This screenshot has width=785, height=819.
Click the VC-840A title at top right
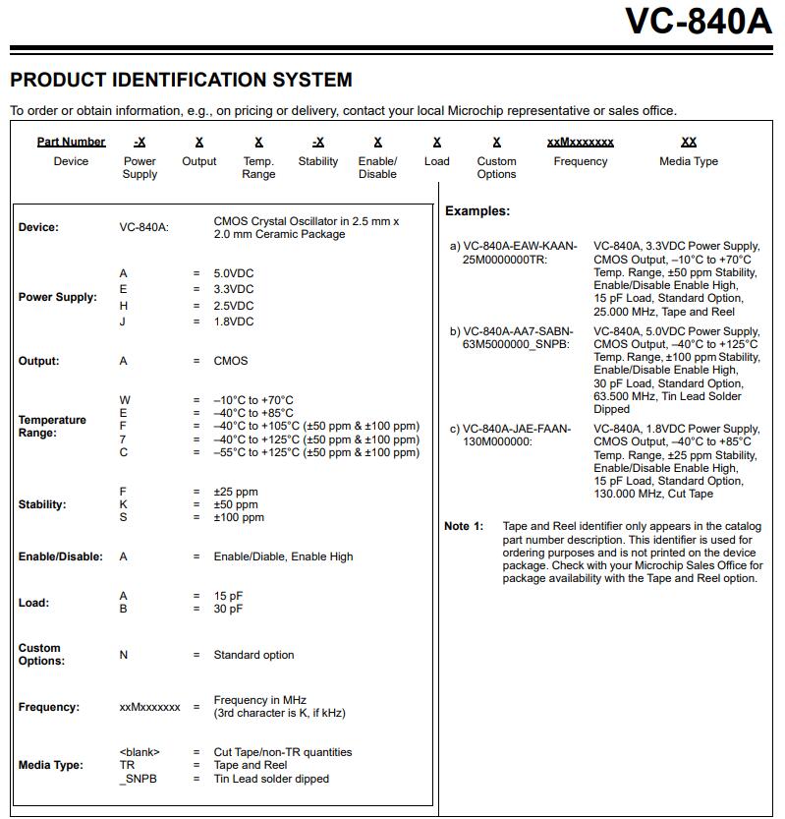(x=698, y=21)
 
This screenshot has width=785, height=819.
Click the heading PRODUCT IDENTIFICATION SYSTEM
(x=181, y=80)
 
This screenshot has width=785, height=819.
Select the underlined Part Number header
(x=71, y=142)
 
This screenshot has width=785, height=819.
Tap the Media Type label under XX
(x=688, y=161)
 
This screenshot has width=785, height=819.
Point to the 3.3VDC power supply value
(x=234, y=289)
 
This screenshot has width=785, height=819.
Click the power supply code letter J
(x=123, y=322)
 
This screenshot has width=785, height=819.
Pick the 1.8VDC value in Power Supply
(x=234, y=322)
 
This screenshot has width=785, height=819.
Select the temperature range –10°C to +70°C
(x=253, y=400)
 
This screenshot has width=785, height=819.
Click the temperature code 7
(x=123, y=439)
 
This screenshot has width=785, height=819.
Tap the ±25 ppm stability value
(x=236, y=492)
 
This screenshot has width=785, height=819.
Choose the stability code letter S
(x=123, y=517)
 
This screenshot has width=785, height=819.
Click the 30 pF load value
(x=228, y=609)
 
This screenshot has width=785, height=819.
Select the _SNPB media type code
(x=138, y=779)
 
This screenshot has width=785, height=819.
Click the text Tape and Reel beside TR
(x=251, y=765)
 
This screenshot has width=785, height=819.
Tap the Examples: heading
(x=477, y=211)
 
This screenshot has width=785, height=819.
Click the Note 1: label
(x=464, y=526)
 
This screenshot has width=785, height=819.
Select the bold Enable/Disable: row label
(x=60, y=556)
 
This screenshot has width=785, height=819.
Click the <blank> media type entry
(x=140, y=752)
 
